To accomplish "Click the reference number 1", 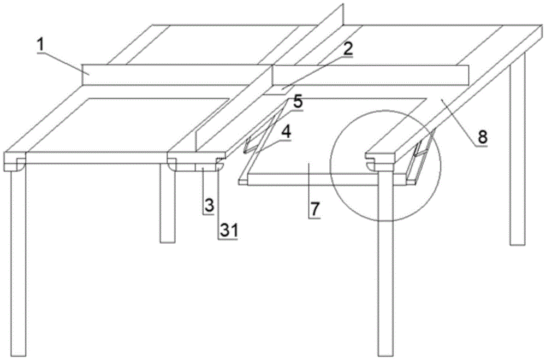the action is click(41, 45).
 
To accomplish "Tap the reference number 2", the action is click(347, 49).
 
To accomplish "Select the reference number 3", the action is click(209, 205).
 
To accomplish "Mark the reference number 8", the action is click(482, 137).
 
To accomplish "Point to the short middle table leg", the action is click(167, 203).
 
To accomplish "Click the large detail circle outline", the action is click(330, 166).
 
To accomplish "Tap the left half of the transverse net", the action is click(177, 74).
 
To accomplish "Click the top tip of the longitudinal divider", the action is click(343, 3).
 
